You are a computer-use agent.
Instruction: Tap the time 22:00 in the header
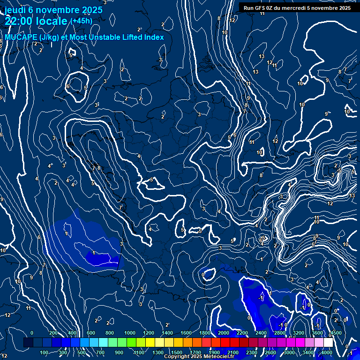click(19, 21)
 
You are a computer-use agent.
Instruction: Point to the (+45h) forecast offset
click(81, 21)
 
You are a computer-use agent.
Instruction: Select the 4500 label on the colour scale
click(336, 333)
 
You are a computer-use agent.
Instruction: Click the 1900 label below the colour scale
click(214, 352)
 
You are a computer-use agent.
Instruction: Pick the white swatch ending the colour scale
click(328, 343)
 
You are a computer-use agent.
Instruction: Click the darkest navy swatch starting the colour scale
click(28, 343)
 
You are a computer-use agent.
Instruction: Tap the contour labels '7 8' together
click(96, 168)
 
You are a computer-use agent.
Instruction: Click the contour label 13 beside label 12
click(262, 56)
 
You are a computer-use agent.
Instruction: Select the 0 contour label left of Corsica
click(203, 275)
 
